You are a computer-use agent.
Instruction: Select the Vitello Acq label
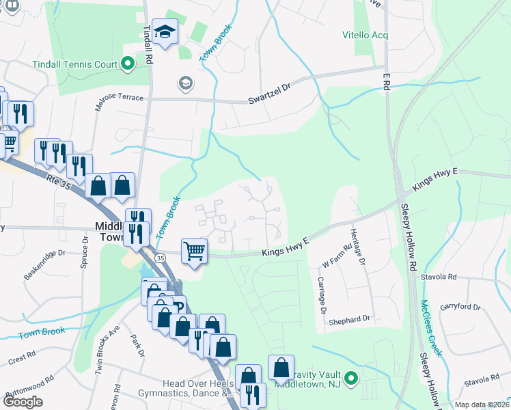365,34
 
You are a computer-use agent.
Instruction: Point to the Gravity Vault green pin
351,377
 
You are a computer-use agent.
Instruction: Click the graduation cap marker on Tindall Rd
165,31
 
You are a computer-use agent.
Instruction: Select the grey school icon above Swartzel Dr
184,83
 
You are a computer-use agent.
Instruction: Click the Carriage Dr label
320,295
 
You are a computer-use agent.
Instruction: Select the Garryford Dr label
461,306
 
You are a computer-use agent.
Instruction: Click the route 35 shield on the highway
160,258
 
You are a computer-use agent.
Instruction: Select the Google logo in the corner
23,402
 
